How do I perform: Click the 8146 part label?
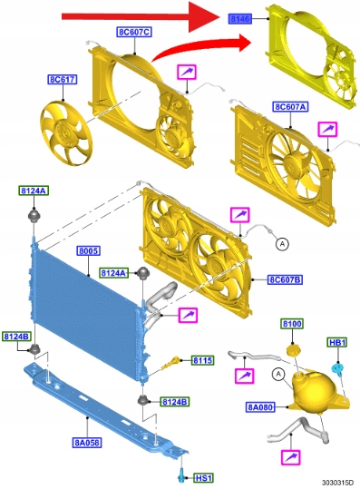click(240, 19)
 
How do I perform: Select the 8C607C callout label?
click(134, 32)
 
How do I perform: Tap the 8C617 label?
click(63, 79)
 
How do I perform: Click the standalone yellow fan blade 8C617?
click(66, 132)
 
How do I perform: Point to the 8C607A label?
click(290, 107)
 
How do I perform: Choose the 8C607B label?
click(285, 279)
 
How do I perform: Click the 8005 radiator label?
click(89, 250)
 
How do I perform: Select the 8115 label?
click(202, 360)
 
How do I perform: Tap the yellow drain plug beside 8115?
click(171, 364)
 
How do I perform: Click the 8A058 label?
click(88, 442)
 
